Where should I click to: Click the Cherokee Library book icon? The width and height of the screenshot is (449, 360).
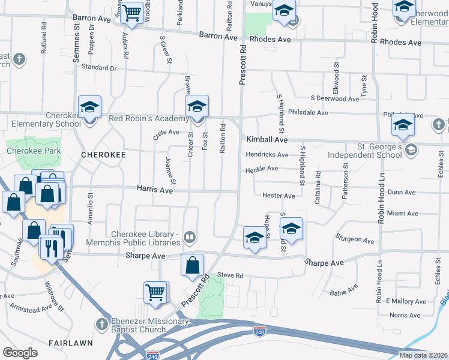pyautogui.click(x=190, y=237)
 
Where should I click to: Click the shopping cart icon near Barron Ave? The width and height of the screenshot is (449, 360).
pyautogui.click(x=132, y=12)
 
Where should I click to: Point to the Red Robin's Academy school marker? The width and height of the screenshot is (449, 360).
pyautogui.click(x=196, y=107)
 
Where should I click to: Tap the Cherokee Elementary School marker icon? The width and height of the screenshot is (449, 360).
pyautogui.click(x=89, y=107)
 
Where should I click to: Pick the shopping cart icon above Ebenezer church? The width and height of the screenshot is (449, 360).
pyautogui.click(x=155, y=293)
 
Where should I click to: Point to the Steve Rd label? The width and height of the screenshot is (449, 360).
pyautogui.click(x=230, y=275)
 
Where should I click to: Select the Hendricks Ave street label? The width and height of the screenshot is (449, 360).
pyautogui.click(x=267, y=155)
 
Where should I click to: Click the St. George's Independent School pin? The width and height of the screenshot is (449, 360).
pyautogui.click(x=411, y=149)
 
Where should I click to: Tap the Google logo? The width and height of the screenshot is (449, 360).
pyautogui.click(x=20, y=353)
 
